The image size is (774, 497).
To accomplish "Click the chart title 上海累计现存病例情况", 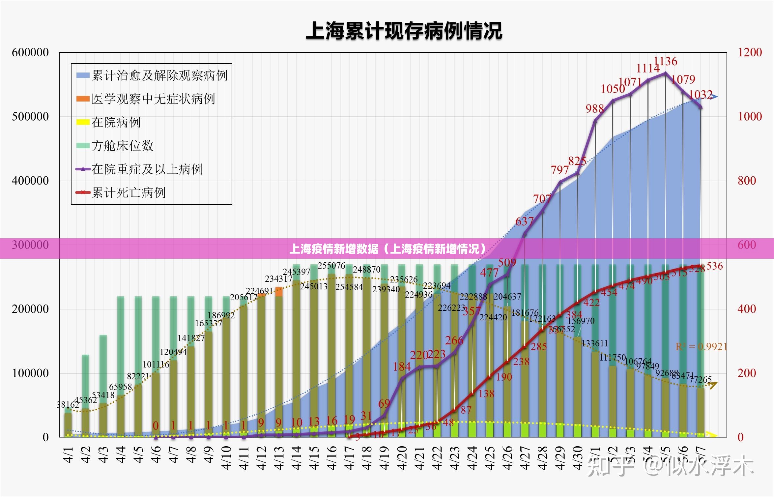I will [404, 31].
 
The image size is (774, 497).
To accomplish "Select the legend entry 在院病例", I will [116, 122].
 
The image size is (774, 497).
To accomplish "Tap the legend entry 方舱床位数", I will [122, 146].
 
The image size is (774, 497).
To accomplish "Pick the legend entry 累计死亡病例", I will [129, 193].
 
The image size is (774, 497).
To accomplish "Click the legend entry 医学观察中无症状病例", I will [153, 99].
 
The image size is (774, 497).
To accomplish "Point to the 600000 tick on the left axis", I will [30, 52].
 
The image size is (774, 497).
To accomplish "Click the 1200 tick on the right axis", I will [750, 52].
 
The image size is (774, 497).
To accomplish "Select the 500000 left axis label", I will [30, 116].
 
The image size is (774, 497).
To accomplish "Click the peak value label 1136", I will [665, 61].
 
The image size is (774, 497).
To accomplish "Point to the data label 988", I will [594, 109].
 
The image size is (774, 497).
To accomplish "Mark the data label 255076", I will [331, 266].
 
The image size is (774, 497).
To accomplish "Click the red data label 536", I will [714, 266].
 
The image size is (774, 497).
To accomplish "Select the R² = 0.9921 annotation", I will [701, 347].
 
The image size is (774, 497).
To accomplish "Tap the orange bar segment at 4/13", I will [279, 292].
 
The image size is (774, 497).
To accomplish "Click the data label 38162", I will [68, 405].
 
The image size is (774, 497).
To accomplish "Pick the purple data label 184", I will [402, 366].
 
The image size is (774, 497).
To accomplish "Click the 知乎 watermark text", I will [610, 467].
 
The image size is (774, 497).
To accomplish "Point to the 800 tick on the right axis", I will [747, 181].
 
